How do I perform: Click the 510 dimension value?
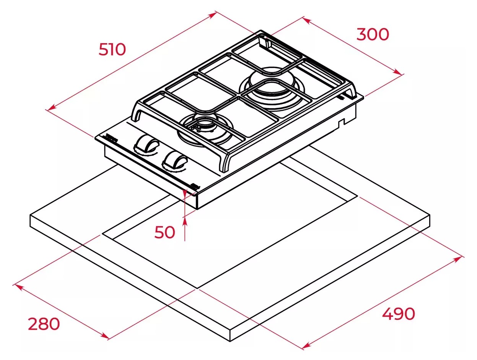pyautogui.click(x=112, y=50)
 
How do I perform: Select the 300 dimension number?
pyautogui.click(x=373, y=34)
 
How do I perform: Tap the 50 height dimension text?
pyautogui.click(x=164, y=232)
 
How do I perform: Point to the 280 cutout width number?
pyautogui.click(x=44, y=324)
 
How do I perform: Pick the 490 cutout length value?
pyautogui.click(x=398, y=314)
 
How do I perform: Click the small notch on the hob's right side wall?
pyautogui.click(x=341, y=122)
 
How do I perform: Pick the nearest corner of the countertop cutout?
pyautogui.click(x=197, y=288)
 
